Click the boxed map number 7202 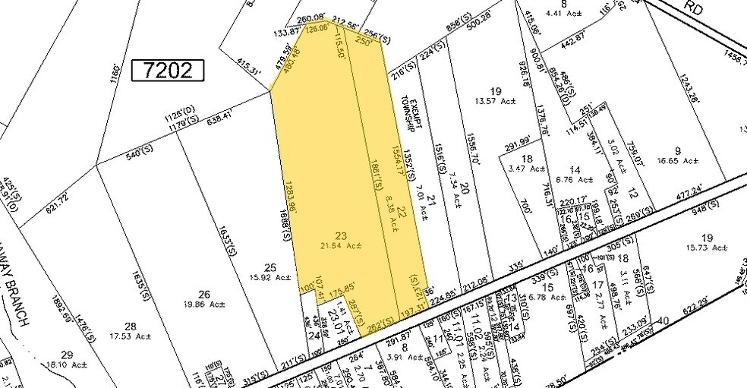pyautogui.click(x=169, y=71)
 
